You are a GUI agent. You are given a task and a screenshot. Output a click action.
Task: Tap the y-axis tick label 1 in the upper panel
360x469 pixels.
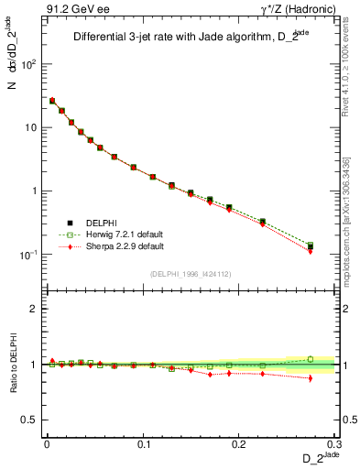(36, 191)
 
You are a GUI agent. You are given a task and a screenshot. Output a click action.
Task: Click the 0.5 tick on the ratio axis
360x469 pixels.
(32, 420)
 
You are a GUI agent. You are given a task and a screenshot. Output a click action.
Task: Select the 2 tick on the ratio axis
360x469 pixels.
(36, 309)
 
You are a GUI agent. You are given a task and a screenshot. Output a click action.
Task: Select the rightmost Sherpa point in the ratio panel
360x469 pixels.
(311, 377)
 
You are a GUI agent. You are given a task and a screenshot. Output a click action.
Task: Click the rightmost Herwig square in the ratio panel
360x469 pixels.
(311, 359)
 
